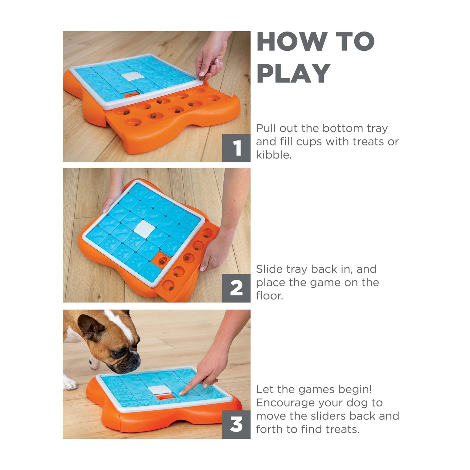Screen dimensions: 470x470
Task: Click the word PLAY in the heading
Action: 293,74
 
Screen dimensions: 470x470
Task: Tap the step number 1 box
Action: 236,148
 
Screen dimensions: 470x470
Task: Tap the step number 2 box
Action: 236,288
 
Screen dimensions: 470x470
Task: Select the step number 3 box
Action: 236,425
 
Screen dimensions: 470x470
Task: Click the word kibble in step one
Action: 273,155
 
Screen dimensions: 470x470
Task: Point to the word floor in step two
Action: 269,295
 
